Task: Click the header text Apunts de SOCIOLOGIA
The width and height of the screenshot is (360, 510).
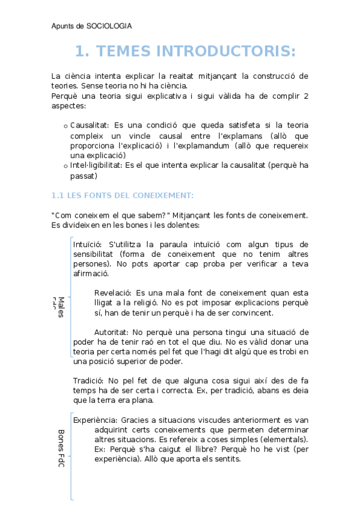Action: tap(91, 26)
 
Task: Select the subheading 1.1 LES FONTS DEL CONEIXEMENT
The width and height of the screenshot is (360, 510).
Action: tap(122, 195)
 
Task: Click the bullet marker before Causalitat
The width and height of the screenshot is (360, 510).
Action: tap(66, 126)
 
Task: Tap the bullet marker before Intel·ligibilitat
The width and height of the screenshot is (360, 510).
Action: tap(66, 166)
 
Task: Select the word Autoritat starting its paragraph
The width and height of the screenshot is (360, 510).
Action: tap(111, 332)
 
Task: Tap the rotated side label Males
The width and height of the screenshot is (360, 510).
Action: tap(61, 307)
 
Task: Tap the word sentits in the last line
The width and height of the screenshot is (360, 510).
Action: tap(227, 459)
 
